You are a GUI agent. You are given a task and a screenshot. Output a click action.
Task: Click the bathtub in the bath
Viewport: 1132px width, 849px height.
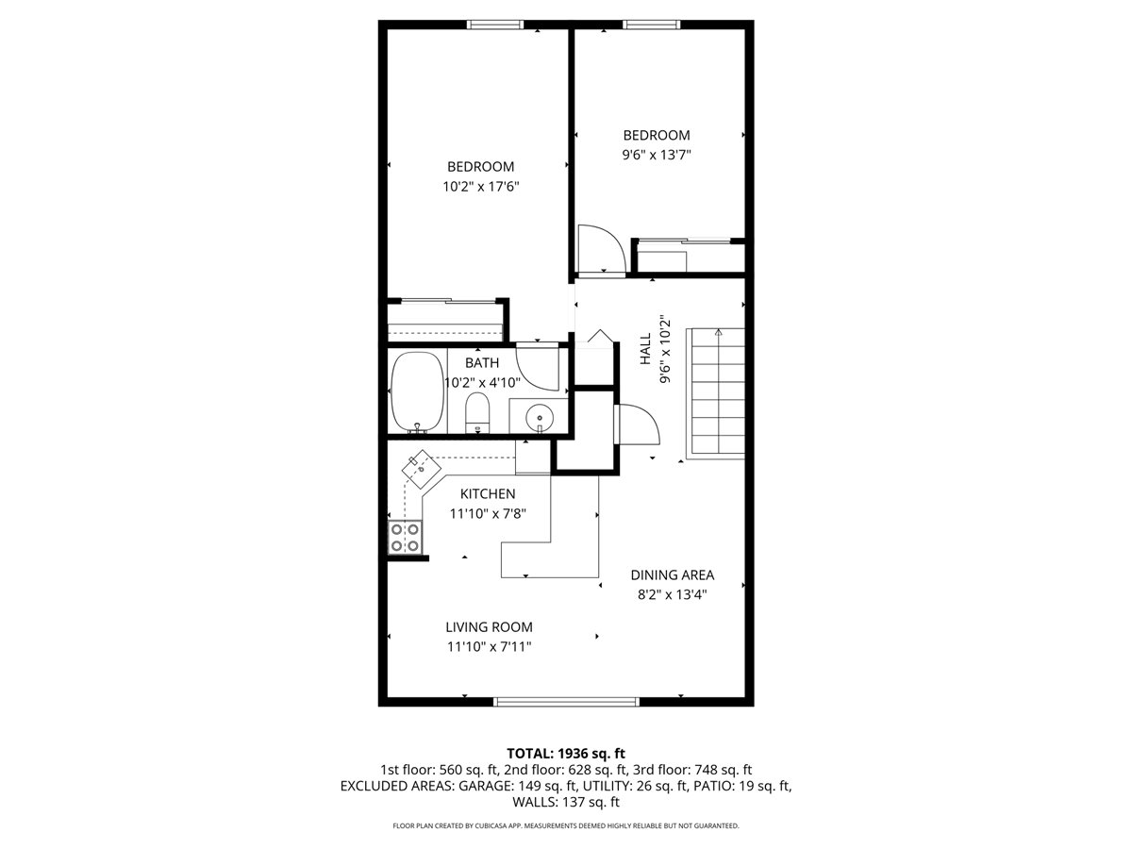417,392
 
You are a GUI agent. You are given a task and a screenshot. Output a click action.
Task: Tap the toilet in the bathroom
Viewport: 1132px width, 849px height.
478,413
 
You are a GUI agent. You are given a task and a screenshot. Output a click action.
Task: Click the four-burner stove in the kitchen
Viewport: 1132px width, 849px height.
406,538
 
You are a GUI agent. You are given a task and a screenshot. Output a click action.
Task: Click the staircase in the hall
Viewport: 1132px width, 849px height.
717,391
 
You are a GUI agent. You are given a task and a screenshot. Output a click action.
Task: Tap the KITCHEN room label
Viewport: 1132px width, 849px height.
488,494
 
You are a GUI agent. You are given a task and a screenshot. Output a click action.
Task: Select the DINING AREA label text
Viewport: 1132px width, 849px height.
672,574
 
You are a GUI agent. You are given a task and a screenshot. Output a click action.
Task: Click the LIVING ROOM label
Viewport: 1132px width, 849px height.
489,626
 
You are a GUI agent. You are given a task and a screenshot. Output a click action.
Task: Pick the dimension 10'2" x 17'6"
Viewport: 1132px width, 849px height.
481,187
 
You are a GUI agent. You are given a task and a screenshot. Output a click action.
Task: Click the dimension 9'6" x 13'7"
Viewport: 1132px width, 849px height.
656,155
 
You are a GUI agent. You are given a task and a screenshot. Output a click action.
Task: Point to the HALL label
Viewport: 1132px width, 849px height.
645,349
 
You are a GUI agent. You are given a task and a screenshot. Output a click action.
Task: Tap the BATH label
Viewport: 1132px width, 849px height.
482,362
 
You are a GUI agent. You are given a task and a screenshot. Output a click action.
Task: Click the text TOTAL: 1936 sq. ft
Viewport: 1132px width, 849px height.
566,753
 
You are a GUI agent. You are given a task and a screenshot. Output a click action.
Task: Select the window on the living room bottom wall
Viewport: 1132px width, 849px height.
566,701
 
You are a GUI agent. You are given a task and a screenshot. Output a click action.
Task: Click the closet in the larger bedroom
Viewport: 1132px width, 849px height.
445,321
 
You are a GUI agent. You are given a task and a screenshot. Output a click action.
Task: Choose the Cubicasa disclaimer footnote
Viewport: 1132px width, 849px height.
566,825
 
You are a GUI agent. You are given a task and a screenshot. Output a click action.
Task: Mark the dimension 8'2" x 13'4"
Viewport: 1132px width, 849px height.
672,594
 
